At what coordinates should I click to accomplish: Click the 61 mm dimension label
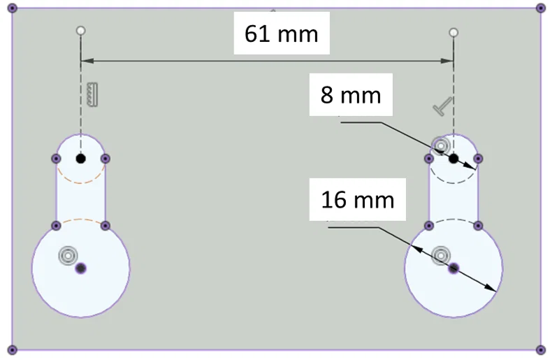click(x=281, y=33)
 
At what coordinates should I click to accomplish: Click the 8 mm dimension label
click(x=351, y=95)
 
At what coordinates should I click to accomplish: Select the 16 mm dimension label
click(x=358, y=200)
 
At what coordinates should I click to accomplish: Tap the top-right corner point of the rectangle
click(x=540, y=8)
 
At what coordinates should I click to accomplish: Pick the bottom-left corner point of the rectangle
click(x=12, y=349)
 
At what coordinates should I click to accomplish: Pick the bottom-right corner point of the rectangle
click(x=540, y=349)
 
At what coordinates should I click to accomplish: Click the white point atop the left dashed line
click(x=80, y=31)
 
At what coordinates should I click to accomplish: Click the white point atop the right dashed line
click(x=454, y=32)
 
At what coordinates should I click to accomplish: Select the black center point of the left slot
click(x=80, y=159)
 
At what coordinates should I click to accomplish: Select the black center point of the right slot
click(x=454, y=159)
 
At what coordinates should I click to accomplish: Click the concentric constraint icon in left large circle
click(x=67, y=255)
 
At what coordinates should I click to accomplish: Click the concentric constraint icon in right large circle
click(x=440, y=255)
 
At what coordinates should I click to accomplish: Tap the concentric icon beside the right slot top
click(x=440, y=145)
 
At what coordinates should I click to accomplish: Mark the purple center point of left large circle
click(x=80, y=268)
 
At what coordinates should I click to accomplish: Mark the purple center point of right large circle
click(x=454, y=268)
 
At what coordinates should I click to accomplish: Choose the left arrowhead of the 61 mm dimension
click(x=86, y=61)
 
